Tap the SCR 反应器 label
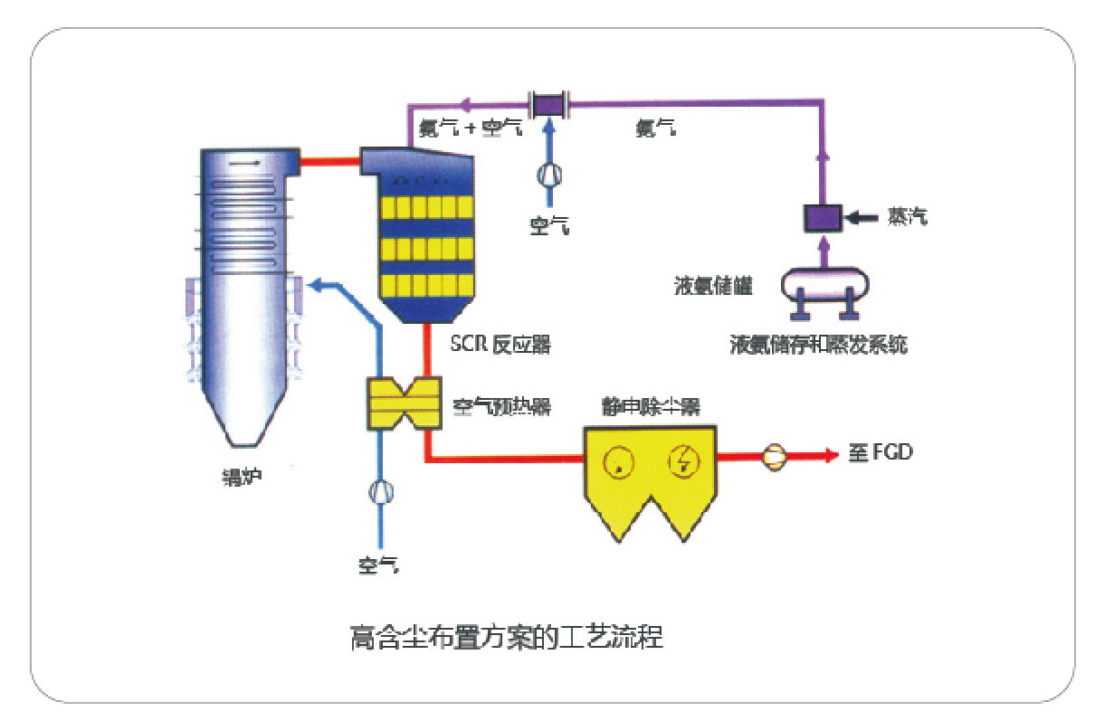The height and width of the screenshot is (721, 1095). (x=500, y=345)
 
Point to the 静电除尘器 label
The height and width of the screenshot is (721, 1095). (x=652, y=405)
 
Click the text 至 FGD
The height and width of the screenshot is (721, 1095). (x=880, y=452)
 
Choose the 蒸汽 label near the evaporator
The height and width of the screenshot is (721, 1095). (x=907, y=217)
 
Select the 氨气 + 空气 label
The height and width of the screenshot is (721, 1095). (x=469, y=129)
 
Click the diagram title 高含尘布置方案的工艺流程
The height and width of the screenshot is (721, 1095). (x=506, y=637)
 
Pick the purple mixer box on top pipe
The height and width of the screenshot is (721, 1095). (x=547, y=103)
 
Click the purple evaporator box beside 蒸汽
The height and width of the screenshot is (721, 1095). (x=823, y=218)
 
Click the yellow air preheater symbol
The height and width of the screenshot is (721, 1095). (x=402, y=403)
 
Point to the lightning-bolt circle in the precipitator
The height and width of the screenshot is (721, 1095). (x=683, y=463)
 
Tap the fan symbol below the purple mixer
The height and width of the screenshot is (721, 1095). (x=548, y=173)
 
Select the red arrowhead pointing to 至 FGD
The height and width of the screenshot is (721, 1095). (x=831, y=454)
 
